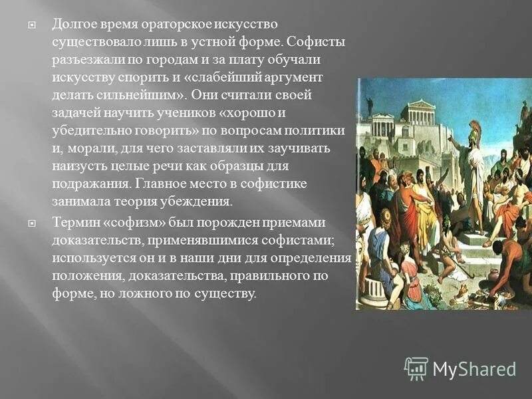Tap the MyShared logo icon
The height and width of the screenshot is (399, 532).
[416, 368]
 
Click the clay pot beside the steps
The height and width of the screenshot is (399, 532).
[493, 273]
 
